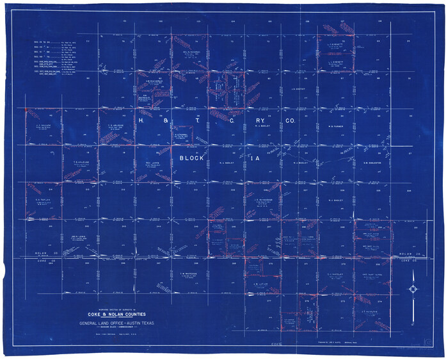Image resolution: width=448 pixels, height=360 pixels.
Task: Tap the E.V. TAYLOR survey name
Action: click(42, 199)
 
